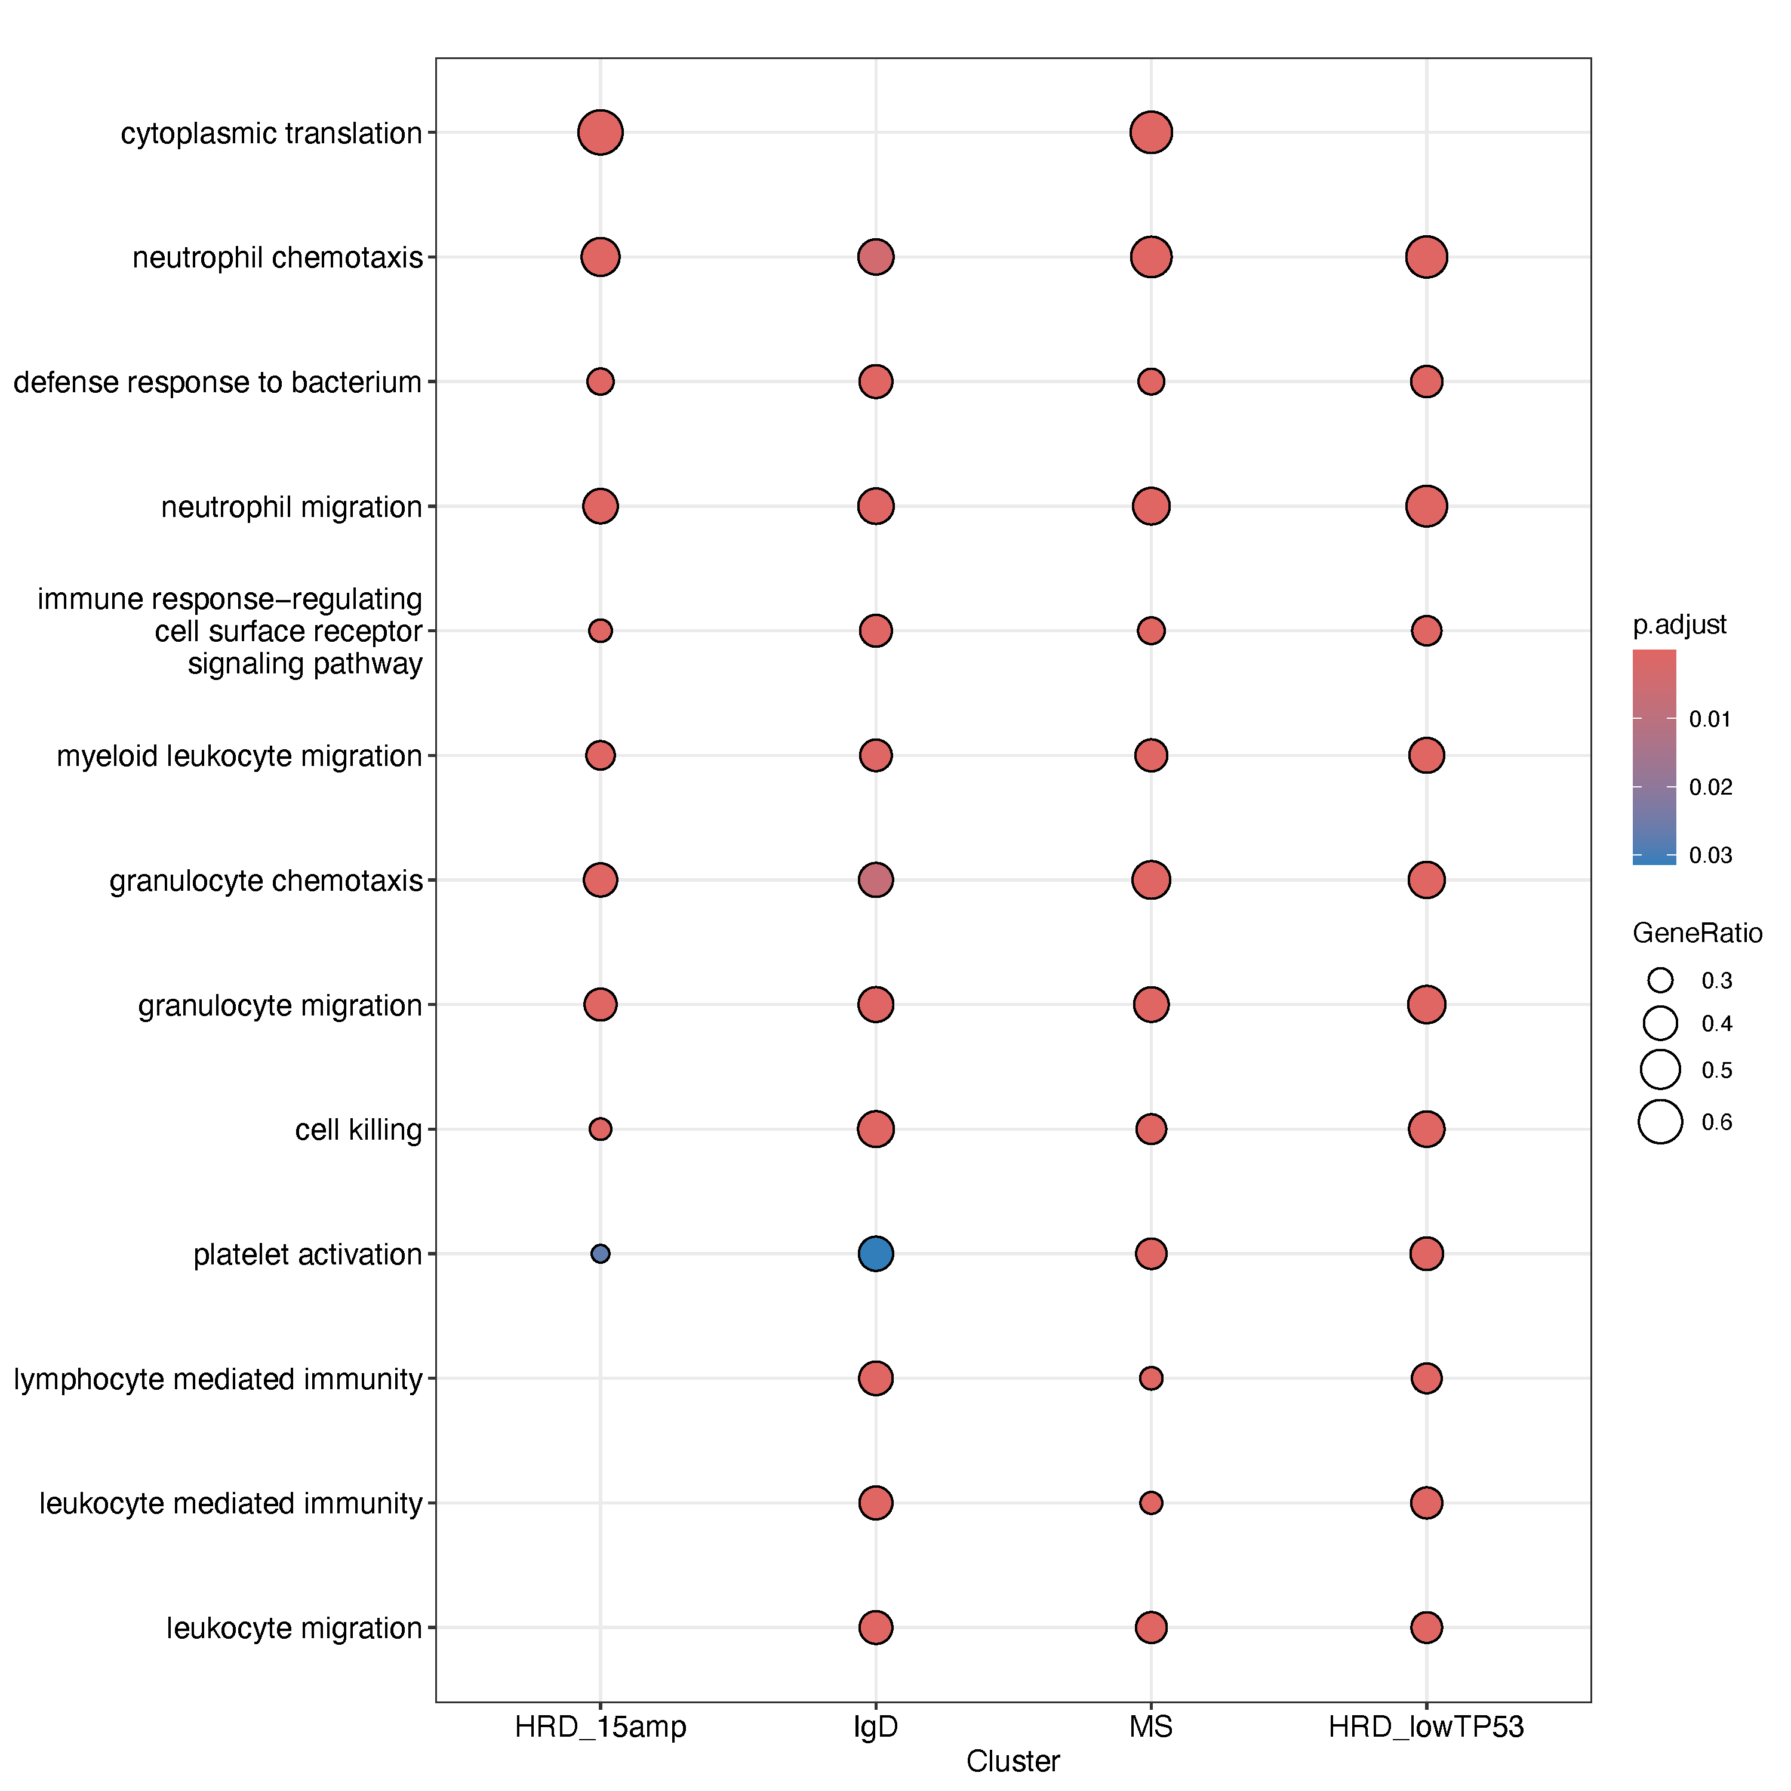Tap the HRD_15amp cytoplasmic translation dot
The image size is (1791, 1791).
click(x=600, y=133)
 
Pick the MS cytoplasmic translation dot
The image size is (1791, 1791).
click(x=1150, y=133)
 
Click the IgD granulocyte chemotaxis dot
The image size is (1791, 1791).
click(x=875, y=880)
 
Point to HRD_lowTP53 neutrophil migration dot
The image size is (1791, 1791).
click(x=1426, y=506)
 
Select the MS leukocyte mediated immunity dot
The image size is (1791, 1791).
click(x=1150, y=1503)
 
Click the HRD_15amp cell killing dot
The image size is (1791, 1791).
click(x=600, y=1129)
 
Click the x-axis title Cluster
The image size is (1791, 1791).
click(x=1013, y=1761)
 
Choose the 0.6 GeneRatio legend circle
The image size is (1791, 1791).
click(x=1660, y=1122)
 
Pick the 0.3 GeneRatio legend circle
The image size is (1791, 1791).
click(x=1660, y=980)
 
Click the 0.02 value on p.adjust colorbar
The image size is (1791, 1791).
click(x=1710, y=787)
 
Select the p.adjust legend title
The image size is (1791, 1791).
click(x=1679, y=625)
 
